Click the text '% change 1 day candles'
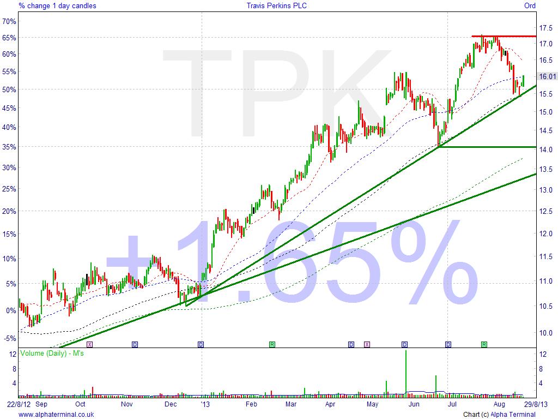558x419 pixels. click(57, 5)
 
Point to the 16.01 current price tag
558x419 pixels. click(546, 76)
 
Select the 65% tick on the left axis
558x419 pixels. click(9, 38)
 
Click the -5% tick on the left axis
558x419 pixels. click(9, 338)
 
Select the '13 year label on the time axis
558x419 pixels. click(205, 404)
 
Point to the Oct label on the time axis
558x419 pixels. click(80, 404)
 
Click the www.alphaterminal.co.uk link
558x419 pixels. click(56, 415)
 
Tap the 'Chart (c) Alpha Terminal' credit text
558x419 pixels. click(500, 415)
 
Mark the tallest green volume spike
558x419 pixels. click(405, 371)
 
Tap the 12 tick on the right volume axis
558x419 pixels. click(543, 354)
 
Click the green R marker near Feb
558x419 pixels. click(271, 344)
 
